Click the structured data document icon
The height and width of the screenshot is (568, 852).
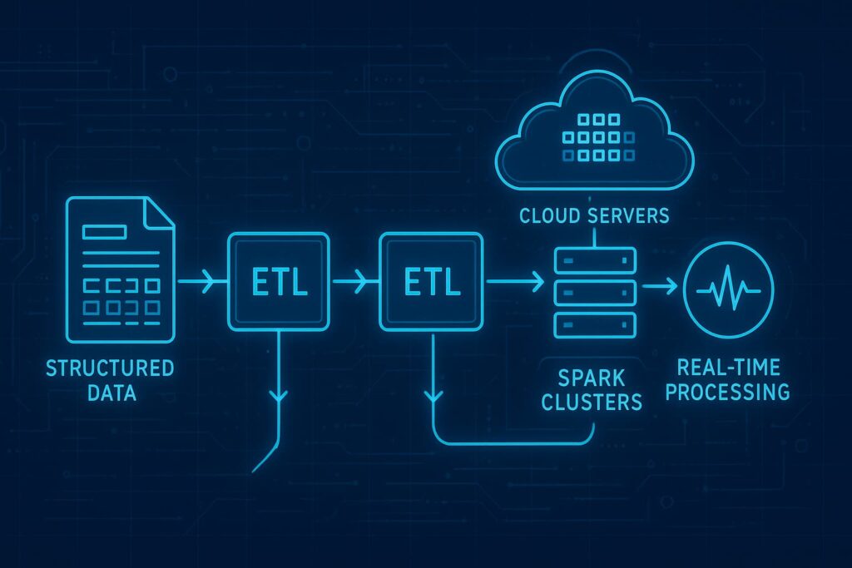120,269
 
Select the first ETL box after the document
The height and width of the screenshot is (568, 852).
280,284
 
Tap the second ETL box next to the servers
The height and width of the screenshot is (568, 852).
431,284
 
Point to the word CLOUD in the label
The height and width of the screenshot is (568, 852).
553,216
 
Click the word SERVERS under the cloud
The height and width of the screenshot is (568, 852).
632,216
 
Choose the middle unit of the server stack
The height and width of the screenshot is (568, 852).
594,291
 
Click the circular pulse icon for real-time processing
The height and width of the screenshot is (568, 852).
728,289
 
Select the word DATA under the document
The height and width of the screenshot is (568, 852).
110,392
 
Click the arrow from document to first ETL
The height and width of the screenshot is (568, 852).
201,284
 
